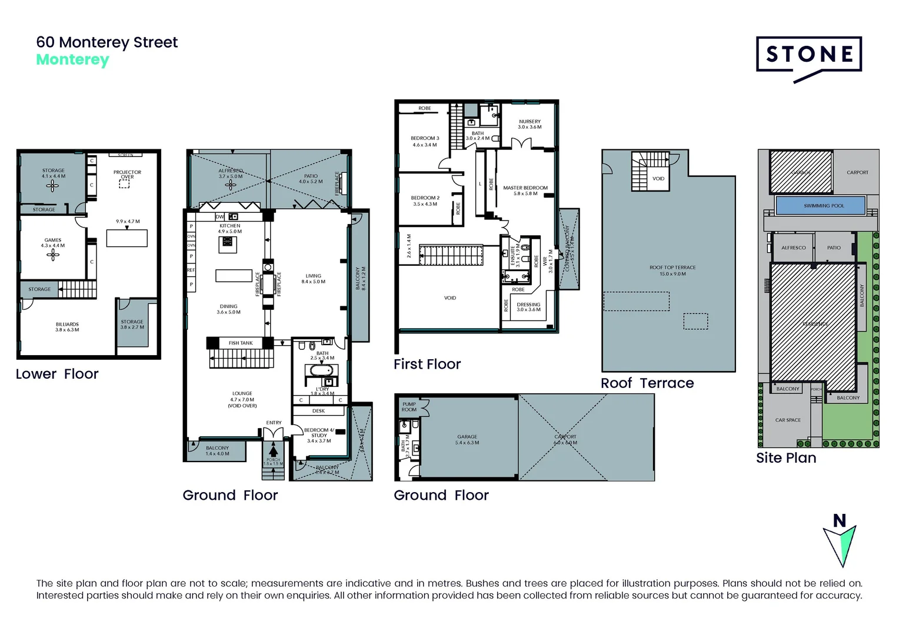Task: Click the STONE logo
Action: click(x=809, y=55)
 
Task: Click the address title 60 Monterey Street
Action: click(x=106, y=42)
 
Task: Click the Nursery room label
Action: click(x=530, y=124)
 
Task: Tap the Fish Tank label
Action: click(x=241, y=343)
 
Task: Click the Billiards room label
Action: click(x=67, y=327)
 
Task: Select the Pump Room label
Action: click(x=409, y=407)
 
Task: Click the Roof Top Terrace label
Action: click(x=672, y=270)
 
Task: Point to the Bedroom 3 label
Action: click(x=425, y=141)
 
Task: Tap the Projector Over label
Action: click(x=127, y=175)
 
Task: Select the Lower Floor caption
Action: click(x=57, y=374)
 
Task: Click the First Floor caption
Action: click(x=427, y=365)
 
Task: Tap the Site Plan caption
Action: click(x=786, y=458)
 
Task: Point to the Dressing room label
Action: click(x=528, y=307)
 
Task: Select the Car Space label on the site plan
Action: click(x=788, y=420)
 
